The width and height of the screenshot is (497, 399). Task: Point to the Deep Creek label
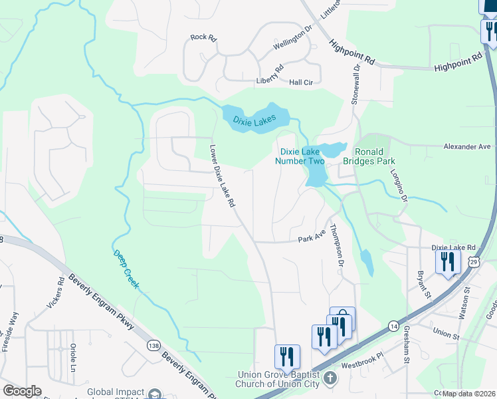126,269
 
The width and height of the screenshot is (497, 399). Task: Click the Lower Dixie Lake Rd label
223,178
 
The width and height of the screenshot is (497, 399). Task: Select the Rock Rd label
203,38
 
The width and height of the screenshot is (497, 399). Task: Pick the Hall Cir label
300,82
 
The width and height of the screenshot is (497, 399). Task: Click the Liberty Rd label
270,75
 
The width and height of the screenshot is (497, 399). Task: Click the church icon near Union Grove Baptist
331,380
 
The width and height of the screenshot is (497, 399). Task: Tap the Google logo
23,390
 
